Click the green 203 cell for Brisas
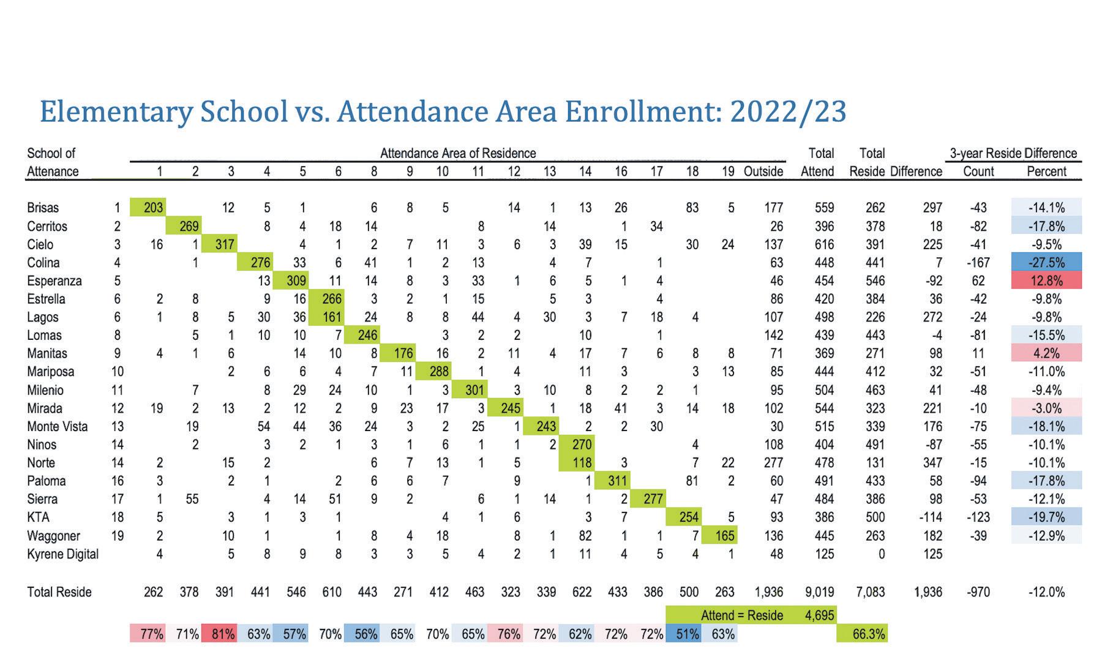(x=148, y=208)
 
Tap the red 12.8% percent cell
(x=1046, y=281)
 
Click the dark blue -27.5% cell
(x=1046, y=263)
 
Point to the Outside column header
(x=763, y=171)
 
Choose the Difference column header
(x=916, y=171)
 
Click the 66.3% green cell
(x=862, y=634)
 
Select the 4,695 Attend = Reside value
(x=819, y=615)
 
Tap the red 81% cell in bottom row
(x=219, y=634)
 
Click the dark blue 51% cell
(x=684, y=634)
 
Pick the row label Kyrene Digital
(x=62, y=554)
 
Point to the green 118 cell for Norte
(x=577, y=463)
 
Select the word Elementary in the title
(x=113, y=111)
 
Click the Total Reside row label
(x=59, y=592)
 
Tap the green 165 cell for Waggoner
(x=720, y=536)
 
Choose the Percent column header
(x=1046, y=171)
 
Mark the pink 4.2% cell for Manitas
(x=1046, y=353)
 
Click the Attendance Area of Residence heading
(x=458, y=153)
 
